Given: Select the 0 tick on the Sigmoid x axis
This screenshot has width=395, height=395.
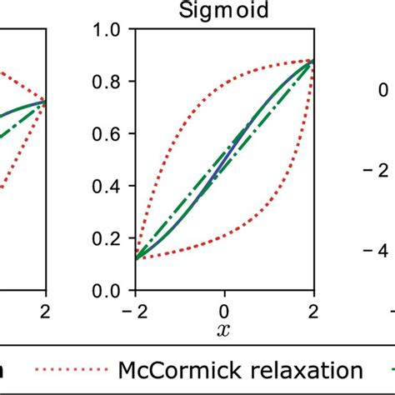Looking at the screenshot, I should [x=223, y=310].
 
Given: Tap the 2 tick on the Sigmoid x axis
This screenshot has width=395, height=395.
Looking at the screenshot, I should [x=313, y=310].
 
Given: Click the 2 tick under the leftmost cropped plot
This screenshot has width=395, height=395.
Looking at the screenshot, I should [x=45, y=310].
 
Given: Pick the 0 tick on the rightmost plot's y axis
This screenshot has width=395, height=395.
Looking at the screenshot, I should [x=382, y=90].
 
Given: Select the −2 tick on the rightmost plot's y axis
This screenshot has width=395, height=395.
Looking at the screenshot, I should [x=378, y=170].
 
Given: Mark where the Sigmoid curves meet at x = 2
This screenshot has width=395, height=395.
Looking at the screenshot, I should [x=313, y=60].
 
